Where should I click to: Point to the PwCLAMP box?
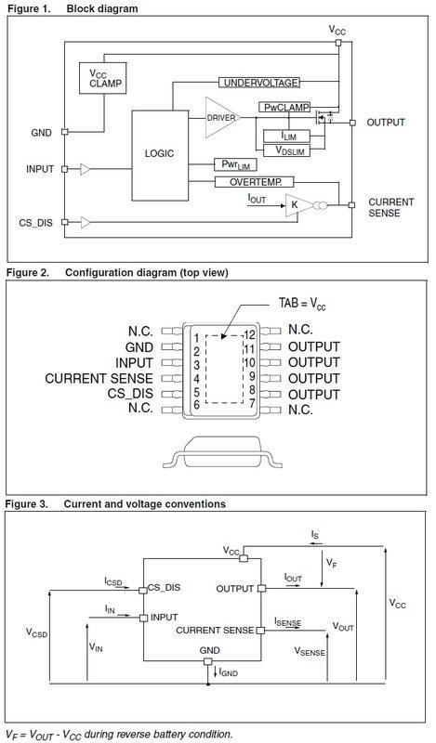(x=285, y=108)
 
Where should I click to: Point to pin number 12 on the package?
(x=248, y=333)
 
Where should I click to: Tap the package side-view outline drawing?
(x=218, y=454)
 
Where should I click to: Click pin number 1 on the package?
(x=196, y=335)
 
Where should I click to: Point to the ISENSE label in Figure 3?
(x=287, y=621)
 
